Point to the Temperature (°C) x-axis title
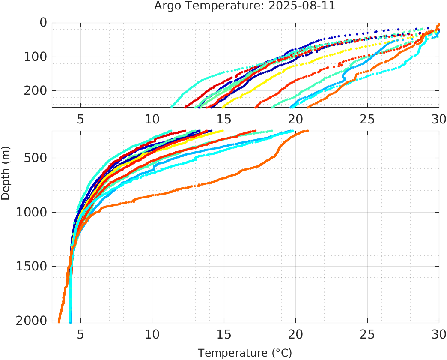pos(244,353)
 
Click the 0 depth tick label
pos(43,22)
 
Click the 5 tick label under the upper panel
pos(80,119)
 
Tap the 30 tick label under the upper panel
pos(438,119)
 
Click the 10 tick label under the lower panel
pos(152,334)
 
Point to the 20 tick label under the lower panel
pos(295,334)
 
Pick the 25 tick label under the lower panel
pos(367,334)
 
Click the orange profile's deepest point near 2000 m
pos(59,321)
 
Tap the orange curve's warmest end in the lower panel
pos(307,131)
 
